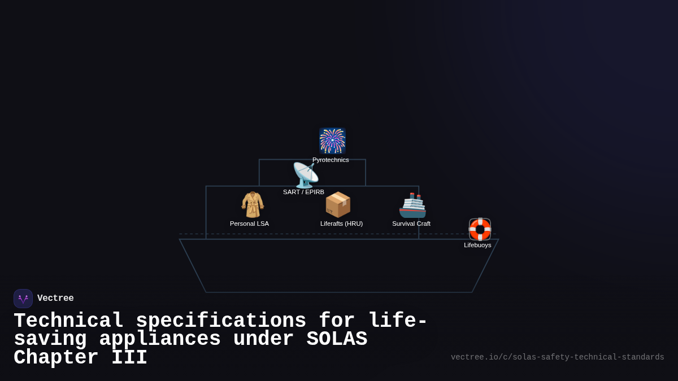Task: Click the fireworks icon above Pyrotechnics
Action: pyautogui.click(x=332, y=141)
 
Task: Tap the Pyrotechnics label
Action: pyautogui.click(x=331, y=160)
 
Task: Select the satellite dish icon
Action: pyautogui.click(x=305, y=175)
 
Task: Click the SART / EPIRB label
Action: pyautogui.click(x=303, y=192)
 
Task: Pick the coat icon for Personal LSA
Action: pyautogui.click(x=253, y=204)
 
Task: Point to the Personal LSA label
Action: pyautogui.click(x=249, y=224)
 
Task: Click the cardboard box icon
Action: pyautogui.click(x=338, y=204)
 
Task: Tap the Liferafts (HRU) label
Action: pyautogui.click(x=341, y=224)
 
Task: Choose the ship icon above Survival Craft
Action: pyautogui.click(x=412, y=205)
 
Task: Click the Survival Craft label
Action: pyautogui.click(x=411, y=224)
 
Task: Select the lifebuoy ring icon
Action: pyautogui.click(x=480, y=229)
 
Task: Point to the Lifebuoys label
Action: pyautogui.click(x=477, y=245)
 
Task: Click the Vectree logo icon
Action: pyautogui.click(x=23, y=299)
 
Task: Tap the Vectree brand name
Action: pyautogui.click(x=55, y=299)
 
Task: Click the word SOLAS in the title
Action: pyautogui.click(x=337, y=339)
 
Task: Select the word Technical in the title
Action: pyautogui.click(x=68, y=321)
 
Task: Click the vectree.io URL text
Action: pyautogui.click(x=557, y=357)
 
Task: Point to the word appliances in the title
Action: pyautogui.click(x=160, y=339)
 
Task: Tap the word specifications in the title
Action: pyautogui.click(x=221, y=321)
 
